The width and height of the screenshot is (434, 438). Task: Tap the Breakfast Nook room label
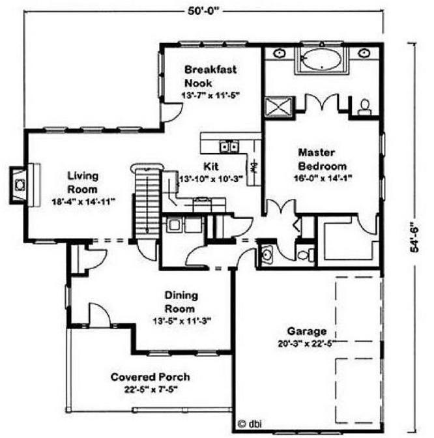pyautogui.click(x=210, y=76)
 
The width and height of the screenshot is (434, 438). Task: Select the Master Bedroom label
pyautogui.click(x=323, y=159)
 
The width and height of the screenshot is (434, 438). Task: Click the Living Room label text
pyautogui.click(x=83, y=182)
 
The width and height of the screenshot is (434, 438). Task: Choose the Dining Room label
pyautogui.click(x=181, y=302)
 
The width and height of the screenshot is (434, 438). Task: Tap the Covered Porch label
pyautogui.click(x=151, y=377)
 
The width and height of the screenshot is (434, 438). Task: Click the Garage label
pyautogui.click(x=307, y=331)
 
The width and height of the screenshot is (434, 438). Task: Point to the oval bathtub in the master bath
pyautogui.click(x=322, y=59)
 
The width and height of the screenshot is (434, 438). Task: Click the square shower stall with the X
pyautogui.click(x=279, y=108)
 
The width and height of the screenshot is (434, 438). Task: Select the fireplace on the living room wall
pyautogui.click(x=18, y=185)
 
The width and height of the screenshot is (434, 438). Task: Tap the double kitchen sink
pyautogui.click(x=229, y=147)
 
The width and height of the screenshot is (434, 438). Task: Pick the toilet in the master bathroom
pyautogui.click(x=364, y=108)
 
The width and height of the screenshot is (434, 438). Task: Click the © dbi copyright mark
pyautogui.click(x=250, y=424)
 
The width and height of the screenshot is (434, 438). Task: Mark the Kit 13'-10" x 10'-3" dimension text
pyautogui.click(x=211, y=179)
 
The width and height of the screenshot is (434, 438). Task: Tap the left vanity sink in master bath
pyautogui.click(x=278, y=53)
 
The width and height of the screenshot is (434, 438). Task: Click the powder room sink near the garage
pyautogui.click(x=267, y=254)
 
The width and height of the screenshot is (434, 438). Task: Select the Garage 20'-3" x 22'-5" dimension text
pyautogui.click(x=306, y=343)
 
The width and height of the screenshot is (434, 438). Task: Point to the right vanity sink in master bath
pyautogui.click(x=364, y=53)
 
